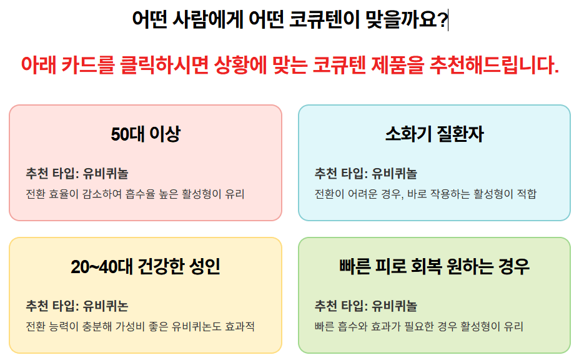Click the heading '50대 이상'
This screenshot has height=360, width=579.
146,134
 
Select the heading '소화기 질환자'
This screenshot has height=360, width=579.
434,134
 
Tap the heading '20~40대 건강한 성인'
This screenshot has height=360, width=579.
146,267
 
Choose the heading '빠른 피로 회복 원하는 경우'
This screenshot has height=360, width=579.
434,267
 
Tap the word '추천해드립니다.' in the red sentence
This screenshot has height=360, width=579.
494,65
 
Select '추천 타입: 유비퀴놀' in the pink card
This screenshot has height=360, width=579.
77,173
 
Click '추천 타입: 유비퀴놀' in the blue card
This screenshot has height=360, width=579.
366,173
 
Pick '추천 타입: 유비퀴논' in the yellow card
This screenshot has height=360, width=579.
77,306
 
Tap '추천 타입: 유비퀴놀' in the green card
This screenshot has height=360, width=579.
366,306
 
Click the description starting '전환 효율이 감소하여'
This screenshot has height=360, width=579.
135,194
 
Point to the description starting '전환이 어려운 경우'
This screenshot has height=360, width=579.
425,194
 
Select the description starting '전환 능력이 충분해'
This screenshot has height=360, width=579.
141,326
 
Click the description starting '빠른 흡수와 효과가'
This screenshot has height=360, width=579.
418,326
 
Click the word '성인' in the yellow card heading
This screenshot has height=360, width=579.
204,267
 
